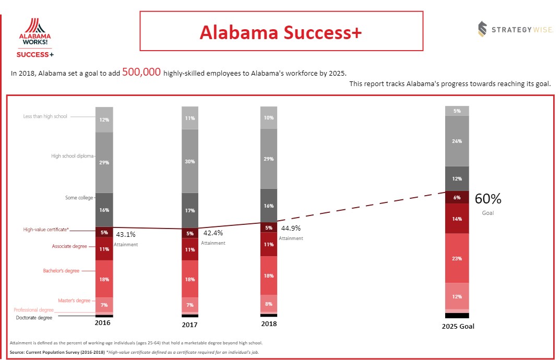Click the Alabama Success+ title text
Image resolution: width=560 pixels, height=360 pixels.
[281, 32]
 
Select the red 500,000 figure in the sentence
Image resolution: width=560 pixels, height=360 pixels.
[141, 73]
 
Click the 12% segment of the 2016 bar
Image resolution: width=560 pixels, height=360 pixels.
[104, 119]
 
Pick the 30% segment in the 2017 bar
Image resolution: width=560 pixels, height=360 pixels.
[190, 162]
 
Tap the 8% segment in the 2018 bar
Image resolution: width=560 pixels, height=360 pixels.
[269, 304]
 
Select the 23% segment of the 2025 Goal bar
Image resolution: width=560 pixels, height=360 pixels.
[457, 258]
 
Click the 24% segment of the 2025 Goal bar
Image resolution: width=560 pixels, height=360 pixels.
[457, 141]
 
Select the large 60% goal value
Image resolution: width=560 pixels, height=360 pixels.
[487, 199]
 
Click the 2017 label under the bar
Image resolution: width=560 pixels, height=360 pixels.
[190, 325]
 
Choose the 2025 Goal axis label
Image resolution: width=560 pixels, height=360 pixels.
[458, 327]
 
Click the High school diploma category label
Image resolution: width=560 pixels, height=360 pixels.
[73, 155]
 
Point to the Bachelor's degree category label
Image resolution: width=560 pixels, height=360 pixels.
[61, 271]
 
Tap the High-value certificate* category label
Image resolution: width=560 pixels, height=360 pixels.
[46, 229]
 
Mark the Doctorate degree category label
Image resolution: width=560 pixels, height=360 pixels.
[34, 318]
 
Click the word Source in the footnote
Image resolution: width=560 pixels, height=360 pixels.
[18, 353]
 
